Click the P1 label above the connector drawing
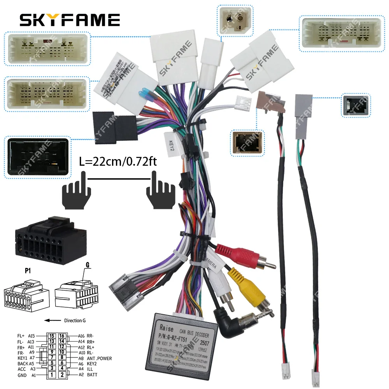click(27, 271)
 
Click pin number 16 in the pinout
click(61, 336)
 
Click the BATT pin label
click(92, 375)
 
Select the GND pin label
click(22, 375)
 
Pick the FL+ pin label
click(21, 336)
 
